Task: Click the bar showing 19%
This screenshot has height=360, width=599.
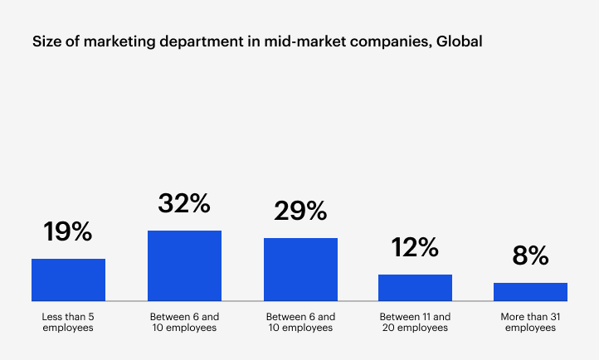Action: point(68,280)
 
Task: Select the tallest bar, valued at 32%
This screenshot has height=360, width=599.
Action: point(184,265)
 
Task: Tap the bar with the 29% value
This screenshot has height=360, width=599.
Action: point(300,270)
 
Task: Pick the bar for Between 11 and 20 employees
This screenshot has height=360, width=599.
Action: point(415,287)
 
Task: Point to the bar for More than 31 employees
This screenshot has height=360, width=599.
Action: point(530,291)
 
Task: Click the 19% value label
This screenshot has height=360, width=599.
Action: point(68,231)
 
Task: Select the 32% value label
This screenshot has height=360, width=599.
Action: point(184,203)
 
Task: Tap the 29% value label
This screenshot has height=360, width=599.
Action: point(300,211)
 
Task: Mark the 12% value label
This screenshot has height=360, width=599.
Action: point(415,247)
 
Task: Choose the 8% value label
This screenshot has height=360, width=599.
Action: point(530,255)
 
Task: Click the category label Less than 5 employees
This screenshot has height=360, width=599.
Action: point(68,322)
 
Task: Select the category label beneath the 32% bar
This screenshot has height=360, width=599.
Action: point(184,322)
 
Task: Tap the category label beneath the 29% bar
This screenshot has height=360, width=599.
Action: point(300,322)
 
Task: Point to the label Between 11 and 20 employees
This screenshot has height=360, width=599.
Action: point(415,322)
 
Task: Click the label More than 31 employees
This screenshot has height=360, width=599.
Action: point(530,322)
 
